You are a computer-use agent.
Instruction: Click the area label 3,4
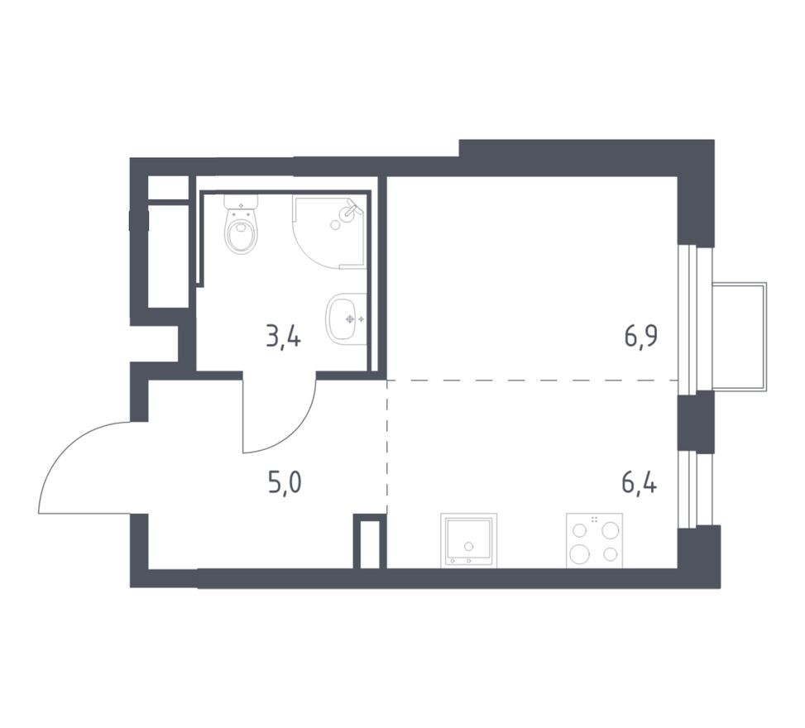tap(282, 338)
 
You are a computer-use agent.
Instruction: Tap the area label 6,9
tap(640, 338)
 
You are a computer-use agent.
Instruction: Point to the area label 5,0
tap(284, 481)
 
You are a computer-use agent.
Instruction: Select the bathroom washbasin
tap(346, 318)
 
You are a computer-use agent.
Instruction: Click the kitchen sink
tap(469, 540)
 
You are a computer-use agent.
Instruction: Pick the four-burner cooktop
tap(594, 540)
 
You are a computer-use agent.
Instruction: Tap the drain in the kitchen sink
tap(469, 546)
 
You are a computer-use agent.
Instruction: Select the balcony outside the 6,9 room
tap(738, 337)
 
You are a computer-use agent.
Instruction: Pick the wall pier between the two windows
tap(695, 421)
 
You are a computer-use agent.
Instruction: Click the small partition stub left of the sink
tap(370, 542)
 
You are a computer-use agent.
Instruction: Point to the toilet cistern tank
tap(241, 202)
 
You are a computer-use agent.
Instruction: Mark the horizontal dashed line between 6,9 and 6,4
tap(529, 380)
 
